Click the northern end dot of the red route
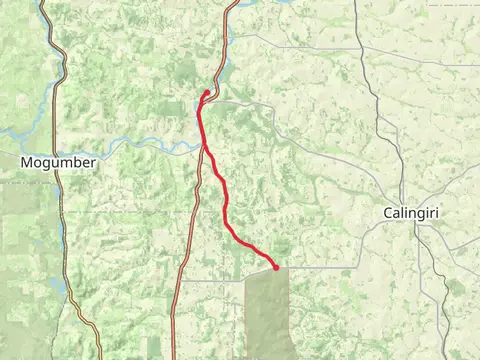click(207, 93)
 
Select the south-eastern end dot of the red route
click(276, 268)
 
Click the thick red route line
click(222, 200)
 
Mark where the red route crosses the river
click(205, 146)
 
